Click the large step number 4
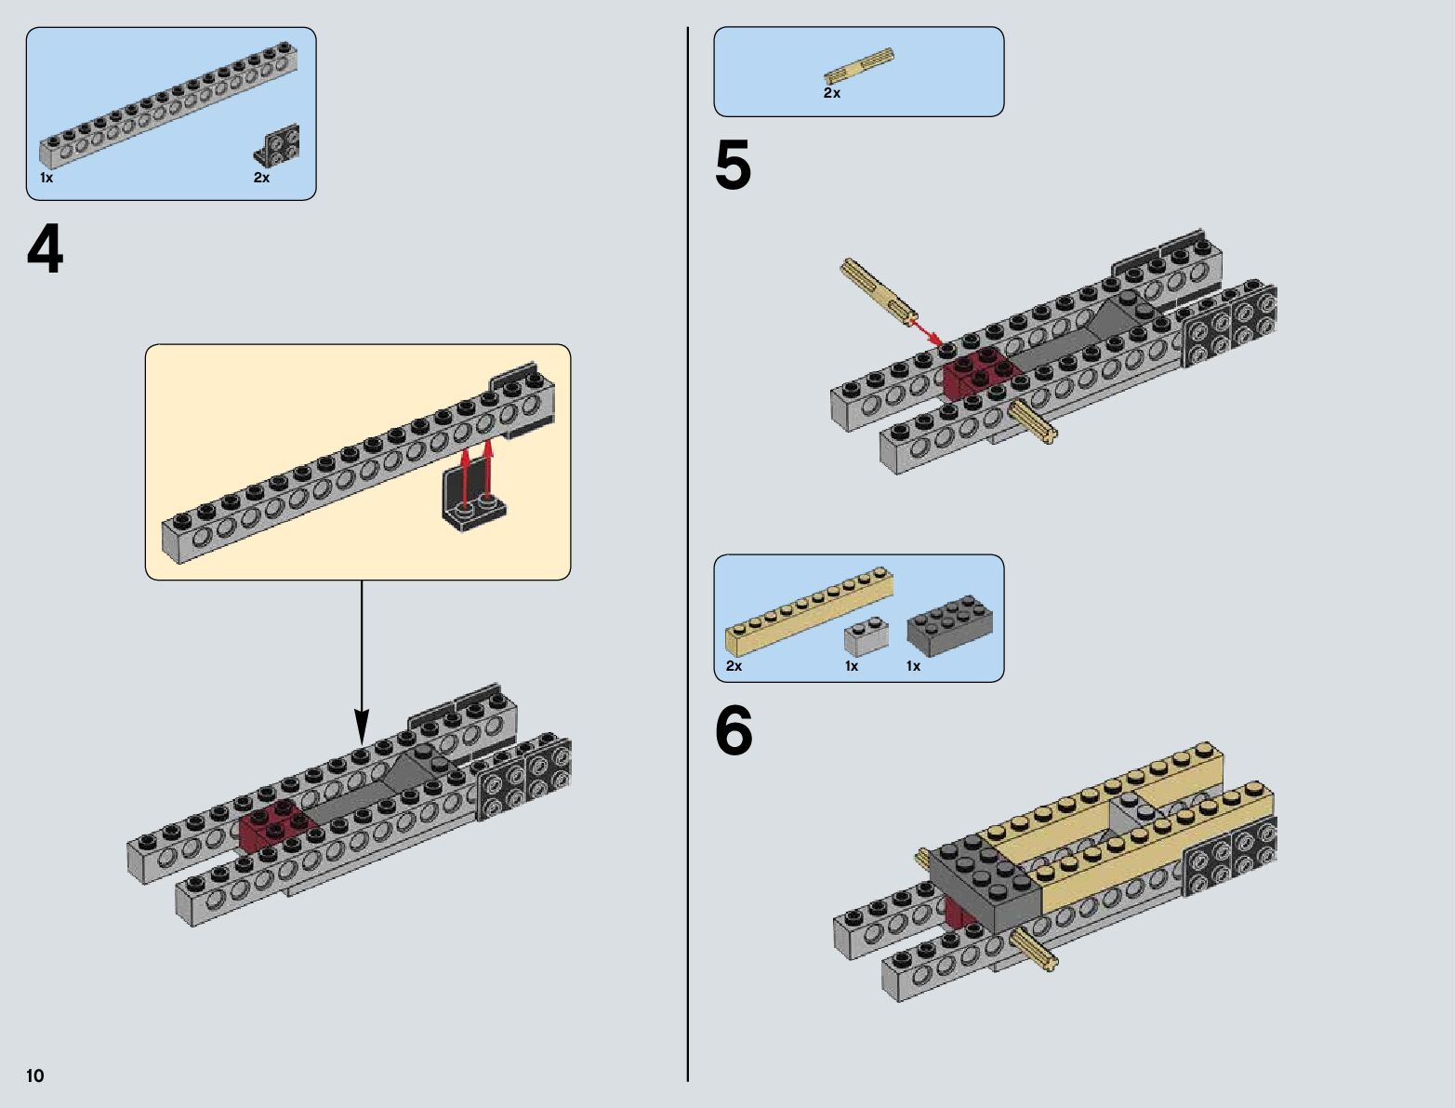(x=45, y=250)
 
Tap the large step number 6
(x=733, y=731)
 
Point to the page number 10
(x=35, y=1076)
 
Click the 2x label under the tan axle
(x=831, y=93)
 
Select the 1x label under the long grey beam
(x=46, y=178)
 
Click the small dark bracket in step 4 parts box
(x=278, y=146)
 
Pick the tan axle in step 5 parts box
(x=859, y=68)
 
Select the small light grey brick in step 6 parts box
(x=866, y=636)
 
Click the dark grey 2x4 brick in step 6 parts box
(x=949, y=626)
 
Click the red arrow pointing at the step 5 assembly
(x=924, y=327)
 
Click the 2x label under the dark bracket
(x=261, y=178)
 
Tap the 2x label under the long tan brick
(x=734, y=666)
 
